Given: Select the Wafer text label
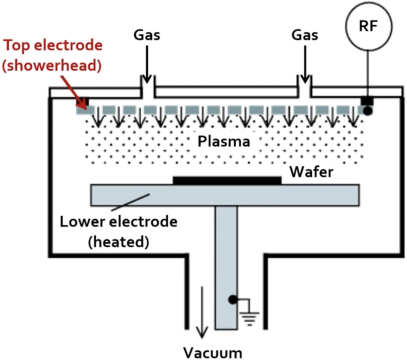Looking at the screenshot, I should click(312, 173).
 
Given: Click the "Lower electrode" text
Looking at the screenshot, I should click(119, 222).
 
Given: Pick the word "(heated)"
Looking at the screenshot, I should click(119, 241).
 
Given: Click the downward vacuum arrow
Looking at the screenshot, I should click(201, 312).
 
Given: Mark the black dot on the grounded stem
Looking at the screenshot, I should click(234, 300).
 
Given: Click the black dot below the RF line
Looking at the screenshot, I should click(368, 110).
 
